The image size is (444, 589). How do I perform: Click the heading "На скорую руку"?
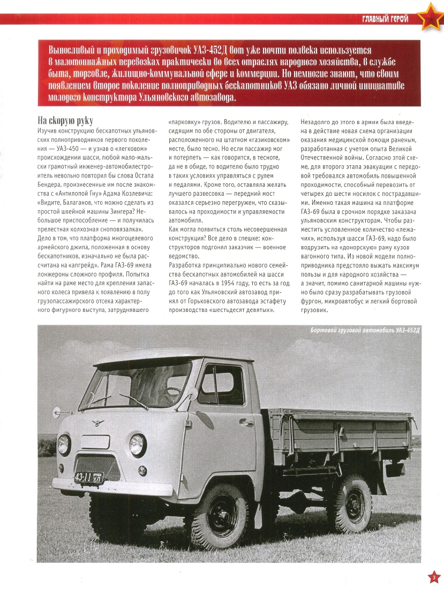point(69,120)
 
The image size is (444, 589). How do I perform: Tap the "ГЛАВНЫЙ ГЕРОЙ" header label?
point(385,19)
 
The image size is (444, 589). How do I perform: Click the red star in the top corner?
point(428,18)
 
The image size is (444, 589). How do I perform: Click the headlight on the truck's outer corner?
point(64,444)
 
